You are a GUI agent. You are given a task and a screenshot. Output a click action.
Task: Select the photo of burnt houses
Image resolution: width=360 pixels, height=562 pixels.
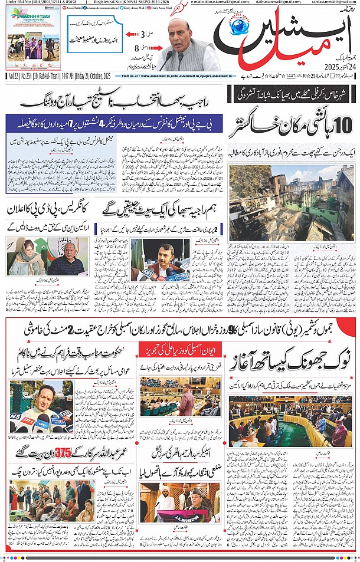pos(292,203)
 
